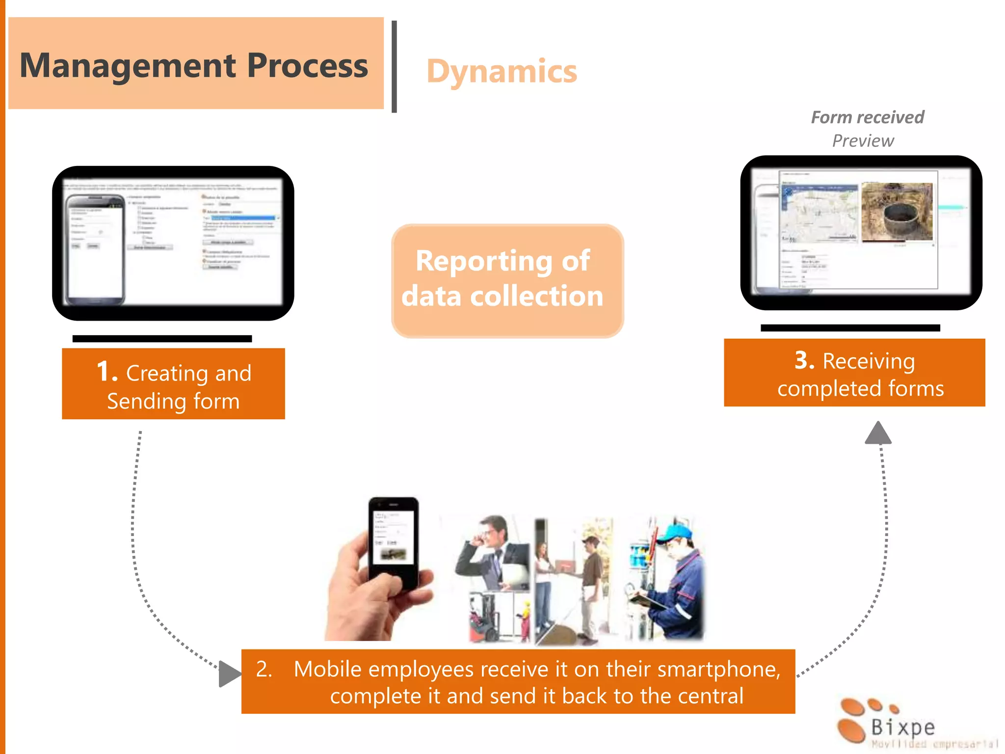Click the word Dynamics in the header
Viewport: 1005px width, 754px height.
click(502, 72)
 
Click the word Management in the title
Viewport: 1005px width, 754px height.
click(128, 66)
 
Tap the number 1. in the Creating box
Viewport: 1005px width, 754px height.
click(107, 372)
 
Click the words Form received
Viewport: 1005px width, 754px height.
click(867, 117)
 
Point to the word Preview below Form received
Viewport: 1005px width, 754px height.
click(863, 141)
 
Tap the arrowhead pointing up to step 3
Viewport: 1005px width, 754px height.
click(878, 433)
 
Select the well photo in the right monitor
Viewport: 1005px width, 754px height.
click(897, 212)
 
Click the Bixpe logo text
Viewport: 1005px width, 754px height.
click(902, 727)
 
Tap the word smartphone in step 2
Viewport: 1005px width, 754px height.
click(718, 669)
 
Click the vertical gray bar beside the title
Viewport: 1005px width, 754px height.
click(394, 67)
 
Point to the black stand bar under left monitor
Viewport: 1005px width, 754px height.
click(162, 339)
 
